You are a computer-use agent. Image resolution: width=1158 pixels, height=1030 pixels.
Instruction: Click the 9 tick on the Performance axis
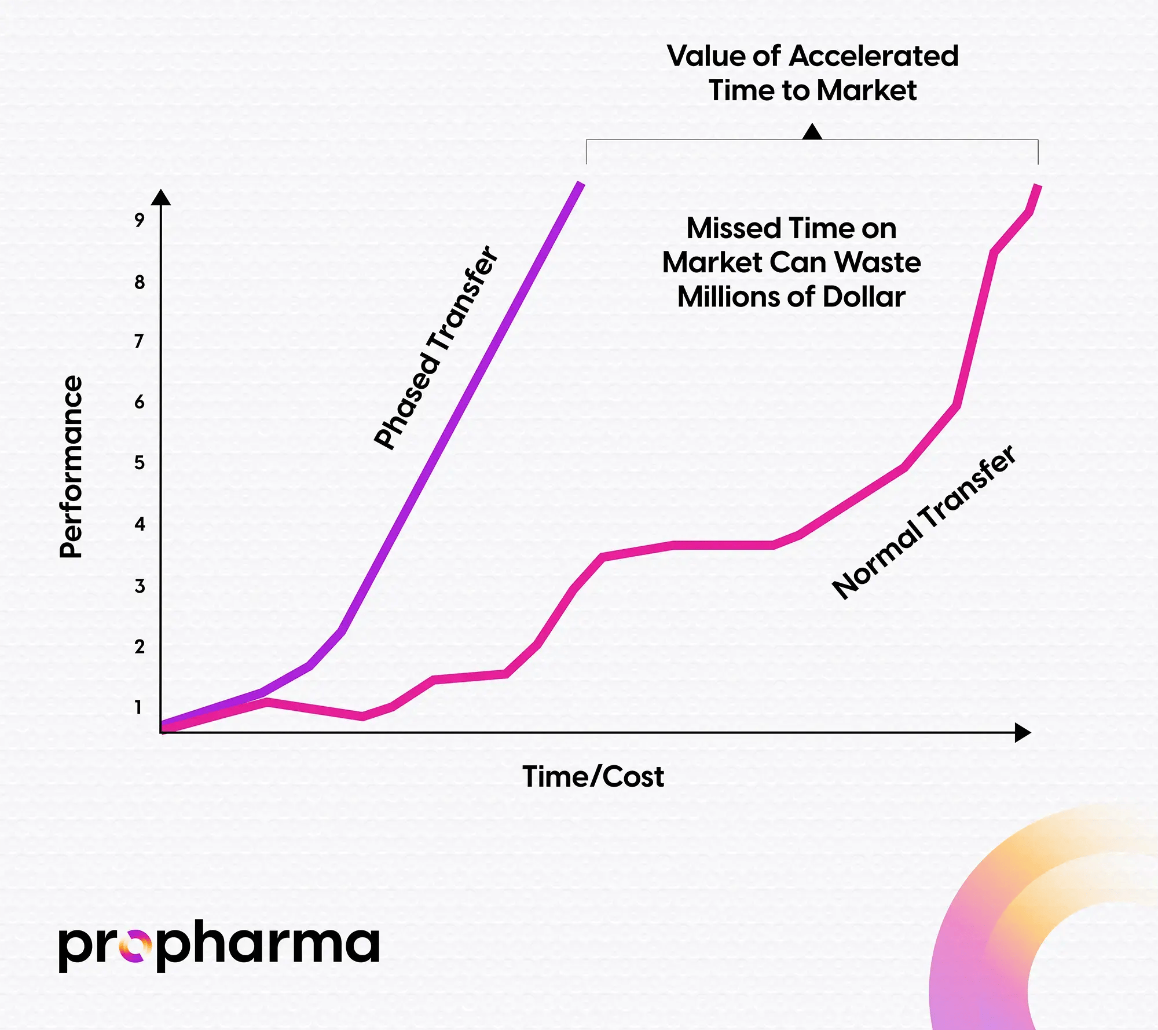pos(139,220)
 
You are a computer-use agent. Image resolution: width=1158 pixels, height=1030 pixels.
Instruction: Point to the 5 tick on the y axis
pos(139,463)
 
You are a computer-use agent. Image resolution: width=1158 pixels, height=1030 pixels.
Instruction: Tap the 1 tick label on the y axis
pos(138,707)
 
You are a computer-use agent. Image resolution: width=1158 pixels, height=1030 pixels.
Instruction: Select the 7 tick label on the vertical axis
pos(139,341)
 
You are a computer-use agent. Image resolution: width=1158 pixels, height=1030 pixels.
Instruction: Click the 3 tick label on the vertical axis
pos(139,586)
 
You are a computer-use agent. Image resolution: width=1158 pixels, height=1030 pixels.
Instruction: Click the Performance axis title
pos(72,467)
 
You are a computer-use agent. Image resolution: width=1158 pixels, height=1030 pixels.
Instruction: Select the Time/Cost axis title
pos(593,776)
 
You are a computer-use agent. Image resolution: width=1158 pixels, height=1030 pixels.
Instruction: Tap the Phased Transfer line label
pos(435,348)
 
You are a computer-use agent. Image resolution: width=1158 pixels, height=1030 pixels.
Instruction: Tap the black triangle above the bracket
pos(812,133)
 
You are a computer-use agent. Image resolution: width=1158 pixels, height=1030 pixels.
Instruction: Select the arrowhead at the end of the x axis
pos(1023,733)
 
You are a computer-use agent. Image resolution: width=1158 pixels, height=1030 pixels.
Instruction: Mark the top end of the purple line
pos(581,185)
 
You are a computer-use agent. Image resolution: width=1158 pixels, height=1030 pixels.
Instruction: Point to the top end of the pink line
pos(1038,187)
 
